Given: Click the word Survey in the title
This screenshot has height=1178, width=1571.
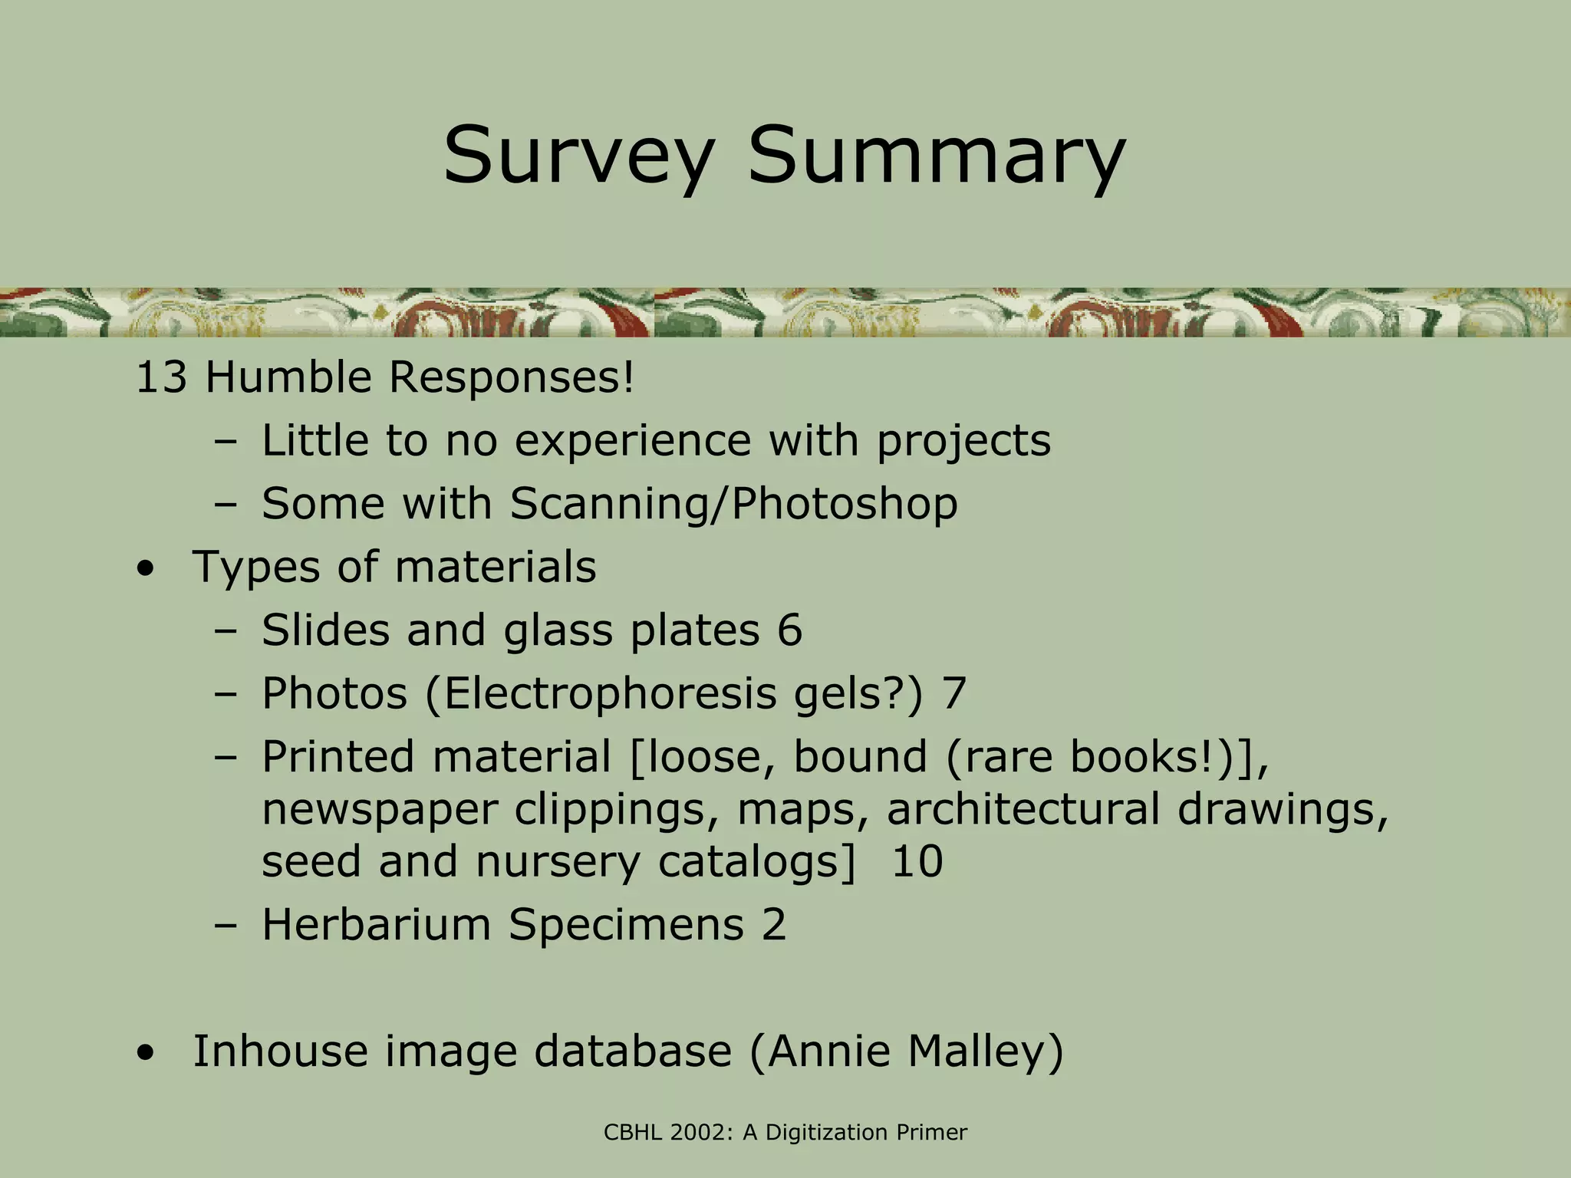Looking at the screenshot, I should pyautogui.click(x=577, y=157).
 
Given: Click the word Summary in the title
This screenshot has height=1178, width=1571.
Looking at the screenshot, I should pyautogui.click(x=936, y=157).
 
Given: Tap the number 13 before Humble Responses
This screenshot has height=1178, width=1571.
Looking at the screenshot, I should pyautogui.click(x=160, y=378).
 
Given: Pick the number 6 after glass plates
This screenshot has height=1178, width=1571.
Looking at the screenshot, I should pyautogui.click(x=789, y=630).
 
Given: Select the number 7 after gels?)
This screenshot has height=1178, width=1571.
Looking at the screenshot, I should pyautogui.click(x=953, y=693).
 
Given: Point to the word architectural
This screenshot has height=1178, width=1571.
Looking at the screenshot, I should pyautogui.click(x=1023, y=809).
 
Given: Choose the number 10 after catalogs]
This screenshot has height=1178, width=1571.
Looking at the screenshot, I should pyautogui.click(x=917, y=861).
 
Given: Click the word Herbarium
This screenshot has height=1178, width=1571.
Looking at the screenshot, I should pyautogui.click(x=376, y=924).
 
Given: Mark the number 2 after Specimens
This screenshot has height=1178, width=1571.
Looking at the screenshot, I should pyautogui.click(x=774, y=924).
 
